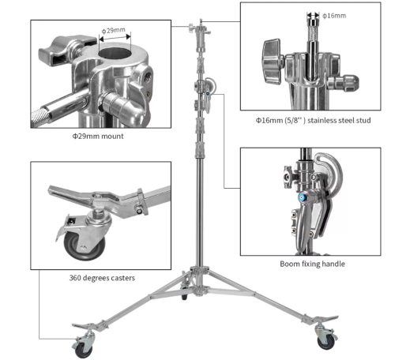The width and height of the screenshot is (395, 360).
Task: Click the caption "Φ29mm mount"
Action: click(98, 136)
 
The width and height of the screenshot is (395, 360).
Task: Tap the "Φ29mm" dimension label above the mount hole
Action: click(114, 30)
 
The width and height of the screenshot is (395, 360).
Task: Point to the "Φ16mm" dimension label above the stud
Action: click(334, 16)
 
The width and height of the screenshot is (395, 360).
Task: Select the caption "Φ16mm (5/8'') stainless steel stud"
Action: click(313, 120)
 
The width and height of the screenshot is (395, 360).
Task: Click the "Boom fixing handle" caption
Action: click(312, 264)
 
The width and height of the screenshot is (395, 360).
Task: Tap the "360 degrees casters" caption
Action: click(102, 278)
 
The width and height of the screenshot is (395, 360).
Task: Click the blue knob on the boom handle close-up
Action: click(302, 197)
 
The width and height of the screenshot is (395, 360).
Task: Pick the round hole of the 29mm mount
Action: click(115, 54)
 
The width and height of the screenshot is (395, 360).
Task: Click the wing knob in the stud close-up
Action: click(272, 62)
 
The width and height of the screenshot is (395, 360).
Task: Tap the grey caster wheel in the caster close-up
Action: click(85, 246)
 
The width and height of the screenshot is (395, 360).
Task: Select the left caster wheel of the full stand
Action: click(84, 350)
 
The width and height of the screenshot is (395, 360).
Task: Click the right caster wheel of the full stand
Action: click(326, 343)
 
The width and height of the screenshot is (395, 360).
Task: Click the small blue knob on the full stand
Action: click(208, 93)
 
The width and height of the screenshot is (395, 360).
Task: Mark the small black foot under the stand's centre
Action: click(184, 297)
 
